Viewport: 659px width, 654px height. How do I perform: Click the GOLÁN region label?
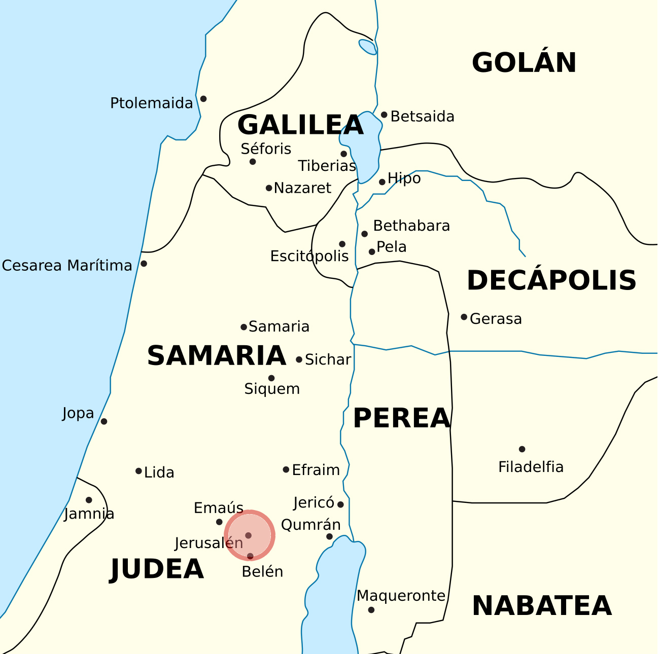point(524,63)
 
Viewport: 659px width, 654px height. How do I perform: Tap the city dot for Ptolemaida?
point(203,99)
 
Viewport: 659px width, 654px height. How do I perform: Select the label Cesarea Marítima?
point(67,266)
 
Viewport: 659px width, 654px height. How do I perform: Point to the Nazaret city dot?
point(269,188)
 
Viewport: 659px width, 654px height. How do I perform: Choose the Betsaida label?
point(422,117)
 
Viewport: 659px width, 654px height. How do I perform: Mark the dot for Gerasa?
point(464,317)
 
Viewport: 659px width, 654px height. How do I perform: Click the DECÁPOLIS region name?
point(551,280)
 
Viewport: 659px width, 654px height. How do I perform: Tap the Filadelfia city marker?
point(522,449)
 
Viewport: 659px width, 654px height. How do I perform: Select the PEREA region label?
point(401,418)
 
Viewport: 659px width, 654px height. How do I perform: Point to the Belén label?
point(262,572)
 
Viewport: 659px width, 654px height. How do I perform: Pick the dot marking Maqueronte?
point(371,610)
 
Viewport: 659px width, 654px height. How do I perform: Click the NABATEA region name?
point(541,606)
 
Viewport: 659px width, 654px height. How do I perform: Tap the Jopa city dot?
point(104,421)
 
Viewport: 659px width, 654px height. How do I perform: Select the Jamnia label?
point(89,514)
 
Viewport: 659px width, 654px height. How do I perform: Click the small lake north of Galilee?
point(367,47)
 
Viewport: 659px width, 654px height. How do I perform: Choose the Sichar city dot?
point(299,359)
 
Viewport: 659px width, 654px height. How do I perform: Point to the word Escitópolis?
point(309,257)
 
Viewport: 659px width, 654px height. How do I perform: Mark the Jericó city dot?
point(340,504)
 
